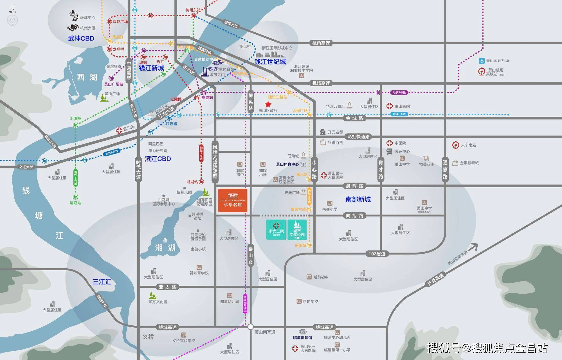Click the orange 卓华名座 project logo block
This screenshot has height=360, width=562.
pyautogui.click(x=233, y=200)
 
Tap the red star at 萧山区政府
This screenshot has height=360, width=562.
pyautogui.click(x=268, y=104)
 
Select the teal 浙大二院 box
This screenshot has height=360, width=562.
pyautogui.click(x=276, y=230)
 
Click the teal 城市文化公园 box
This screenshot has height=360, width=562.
pyautogui.click(x=297, y=230)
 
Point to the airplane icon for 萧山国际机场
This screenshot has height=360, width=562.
pyautogui.click(x=482, y=61)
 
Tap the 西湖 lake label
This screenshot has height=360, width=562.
pyautogui.click(x=87, y=77)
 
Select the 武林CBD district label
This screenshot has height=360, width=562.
pyautogui.click(x=81, y=39)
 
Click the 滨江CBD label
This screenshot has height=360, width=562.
pyautogui.click(x=158, y=159)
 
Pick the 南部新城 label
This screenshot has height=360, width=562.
pyautogui.click(x=358, y=199)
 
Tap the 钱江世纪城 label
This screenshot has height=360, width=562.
pyautogui.click(x=270, y=62)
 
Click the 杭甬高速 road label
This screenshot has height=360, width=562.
pyautogui.click(x=321, y=43)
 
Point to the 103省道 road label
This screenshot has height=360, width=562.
pyautogui.click(x=377, y=254)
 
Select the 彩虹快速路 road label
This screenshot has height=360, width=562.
pyautogui.click(x=358, y=137)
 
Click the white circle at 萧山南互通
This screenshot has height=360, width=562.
pyautogui.click(x=251, y=327)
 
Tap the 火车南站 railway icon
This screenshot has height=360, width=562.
pyautogui.click(x=455, y=145)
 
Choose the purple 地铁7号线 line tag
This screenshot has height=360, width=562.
pyautogui.click(x=399, y=93)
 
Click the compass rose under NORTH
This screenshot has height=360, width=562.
pyautogui.click(x=12, y=21)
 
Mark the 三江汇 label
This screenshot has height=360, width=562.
pyautogui.click(x=102, y=282)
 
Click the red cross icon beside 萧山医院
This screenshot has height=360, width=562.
pyautogui.click(x=389, y=106)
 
